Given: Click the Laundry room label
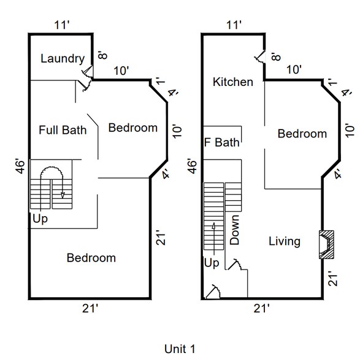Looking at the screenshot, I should tap(62, 59).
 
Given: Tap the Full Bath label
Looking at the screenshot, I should tap(62, 130).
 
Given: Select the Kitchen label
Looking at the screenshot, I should tap(232, 82).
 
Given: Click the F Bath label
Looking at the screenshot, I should tap(221, 143).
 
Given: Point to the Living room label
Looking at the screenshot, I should tap(285, 241).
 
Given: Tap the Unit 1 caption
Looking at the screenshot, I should tap(180, 349).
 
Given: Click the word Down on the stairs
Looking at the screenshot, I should tap(234, 230).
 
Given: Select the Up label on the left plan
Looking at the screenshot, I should tap(40, 219).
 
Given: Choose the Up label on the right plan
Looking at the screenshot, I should tap(210, 263).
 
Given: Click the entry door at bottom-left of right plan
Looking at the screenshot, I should tap(213, 291).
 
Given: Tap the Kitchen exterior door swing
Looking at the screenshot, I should tap(260, 58).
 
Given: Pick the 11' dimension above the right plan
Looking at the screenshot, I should tap(233, 25).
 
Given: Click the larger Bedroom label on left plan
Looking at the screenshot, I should tap(91, 258).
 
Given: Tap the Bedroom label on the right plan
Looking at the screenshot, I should tap(302, 134).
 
